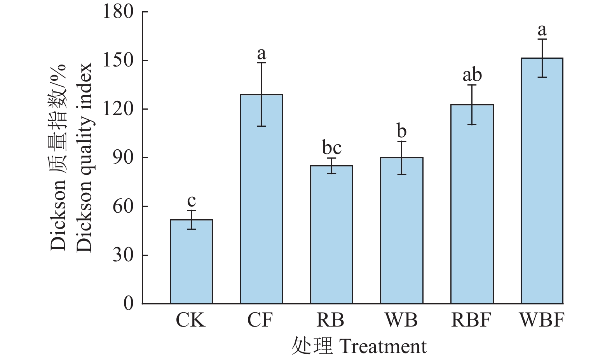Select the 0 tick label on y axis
[128, 304]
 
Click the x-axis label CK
[190, 320]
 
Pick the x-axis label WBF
[542, 320]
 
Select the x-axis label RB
[331, 320]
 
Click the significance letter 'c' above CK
[192, 201]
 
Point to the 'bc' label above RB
[332, 148]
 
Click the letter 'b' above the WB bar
[402, 131]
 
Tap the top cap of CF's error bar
[262, 63]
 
